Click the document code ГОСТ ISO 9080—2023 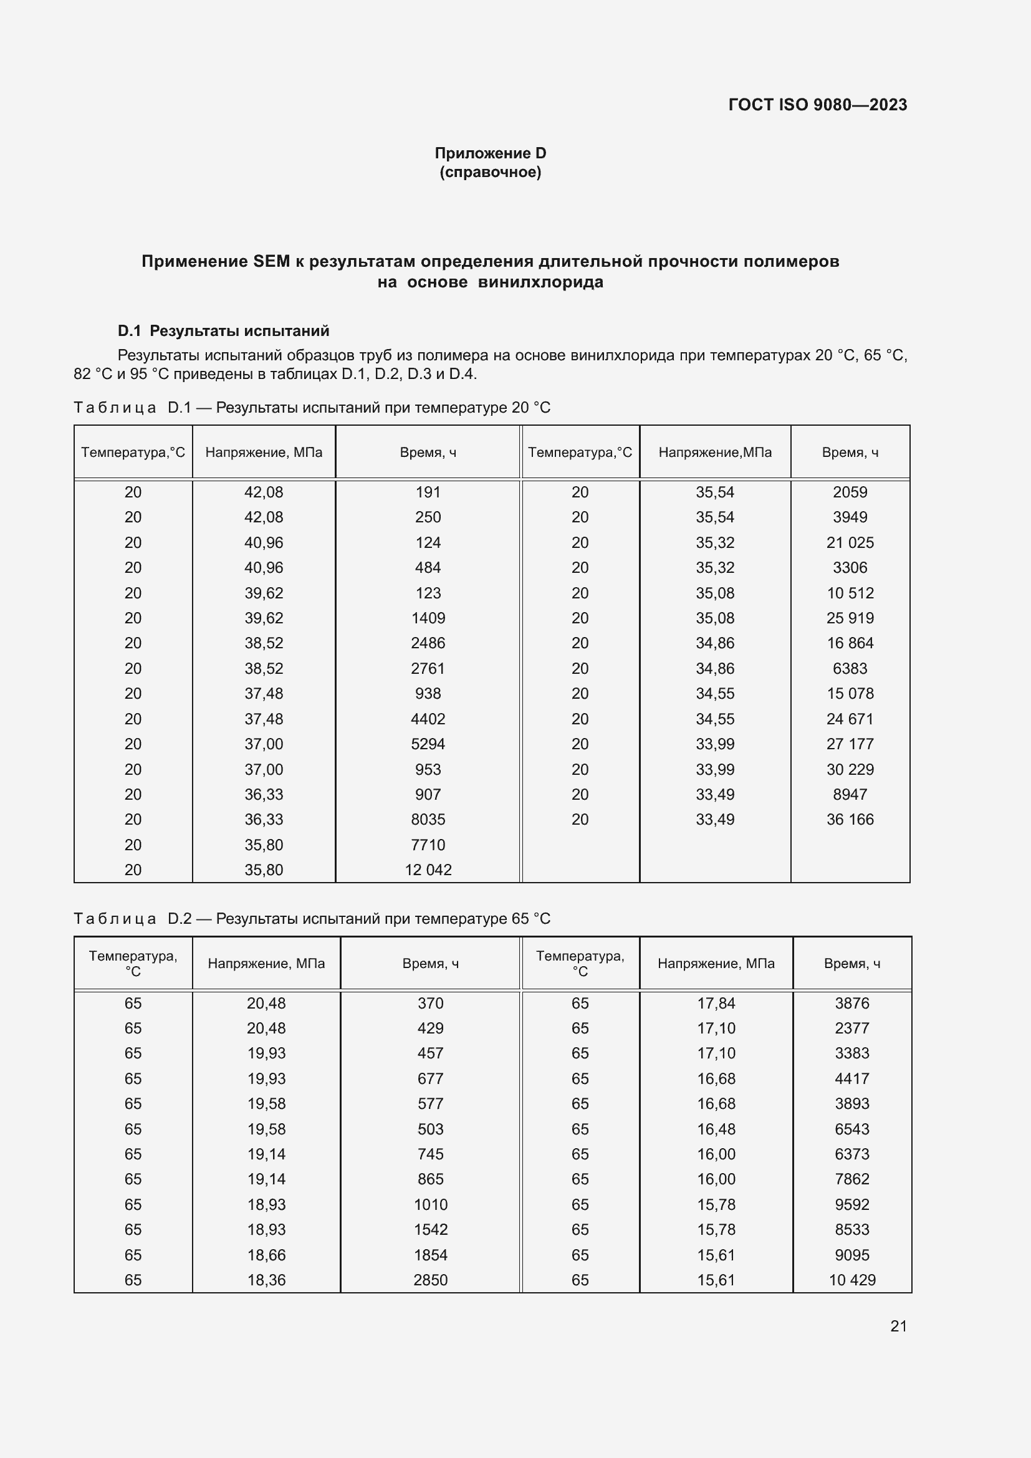click(817, 105)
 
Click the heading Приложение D click(490, 153)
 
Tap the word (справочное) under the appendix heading click(490, 172)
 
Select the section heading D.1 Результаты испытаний click(224, 331)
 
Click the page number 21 click(898, 1326)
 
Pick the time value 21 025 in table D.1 click(850, 543)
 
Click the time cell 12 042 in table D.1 click(428, 870)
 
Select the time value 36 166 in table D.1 click(850, 820)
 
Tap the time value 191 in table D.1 click(428, 492)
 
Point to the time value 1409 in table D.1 click(428, 618)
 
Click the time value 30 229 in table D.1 click(850, 770)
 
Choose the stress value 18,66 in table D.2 click(266, 1255)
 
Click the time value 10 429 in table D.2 click(852, 1280)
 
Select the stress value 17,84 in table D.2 click(716, 1004)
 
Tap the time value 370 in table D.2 click(431, 1004)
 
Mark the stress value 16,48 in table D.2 click(716, 1129)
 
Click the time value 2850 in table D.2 click(431, 1280)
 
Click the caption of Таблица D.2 click(312, 919)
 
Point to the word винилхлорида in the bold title click(540, 282)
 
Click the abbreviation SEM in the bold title click(271, 262)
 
